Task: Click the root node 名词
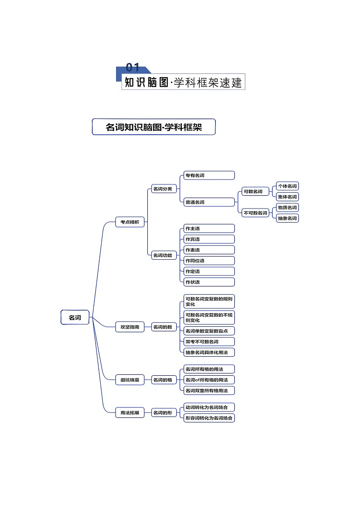[x=75, y=317]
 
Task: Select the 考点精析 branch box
[x=130, y=222]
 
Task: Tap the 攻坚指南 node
[x=130, y=327]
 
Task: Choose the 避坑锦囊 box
[x=130, y=379]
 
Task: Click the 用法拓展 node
[x=130, y=412]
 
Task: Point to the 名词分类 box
[x=164, y=189]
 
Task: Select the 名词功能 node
[x=164, y=255]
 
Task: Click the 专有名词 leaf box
[x=209, y=175]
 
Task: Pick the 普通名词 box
[x=209, y=202]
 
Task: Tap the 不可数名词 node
[x=255, y=213]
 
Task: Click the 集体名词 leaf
[x=287, y=197]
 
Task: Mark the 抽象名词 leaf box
[x=287, y=218]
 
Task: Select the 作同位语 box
[x=209, y=261]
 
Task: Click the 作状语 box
[x=209, y=282]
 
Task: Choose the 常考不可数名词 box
[x=209, y=341]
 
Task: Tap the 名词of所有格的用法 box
[x=209, y=379]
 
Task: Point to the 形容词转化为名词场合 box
[x=209, y=418]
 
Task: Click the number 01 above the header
[x=132, y=68]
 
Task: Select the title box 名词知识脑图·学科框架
[x=154, y=127]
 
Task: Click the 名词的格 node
[x=164, y=379]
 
